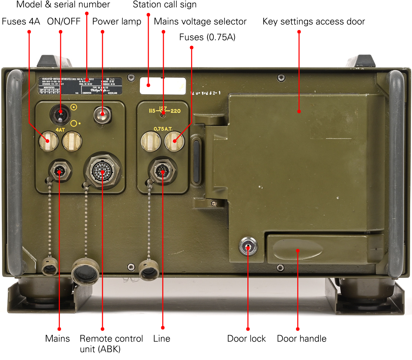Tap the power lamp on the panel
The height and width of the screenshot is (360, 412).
pyautogui.click(x=102, y=115)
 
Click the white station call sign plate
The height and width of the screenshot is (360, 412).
pyautogui.click(x=163, y=85)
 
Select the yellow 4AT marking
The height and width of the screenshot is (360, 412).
pyautogui.click(x=60, y=130)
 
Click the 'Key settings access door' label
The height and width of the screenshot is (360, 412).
pyautogui.click(x=314, y=21)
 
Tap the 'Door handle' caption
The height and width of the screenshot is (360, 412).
pyautogui.click(x=301, y=339)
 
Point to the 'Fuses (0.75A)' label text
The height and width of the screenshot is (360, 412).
pyautogui.click(x=207, y=37)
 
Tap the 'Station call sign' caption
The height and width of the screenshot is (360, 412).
pyautogui.click(x=165, y=5)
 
